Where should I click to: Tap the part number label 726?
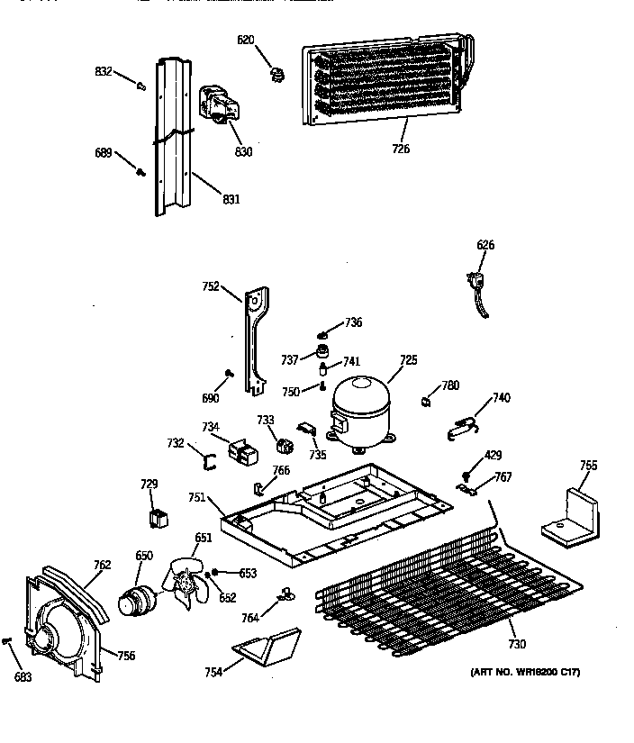coord(401,149)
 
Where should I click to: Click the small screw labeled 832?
coord(141,86)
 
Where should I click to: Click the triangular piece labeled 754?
coord(267,646)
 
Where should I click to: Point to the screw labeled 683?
coord(8,640)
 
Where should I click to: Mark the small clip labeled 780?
coord(426,399)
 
